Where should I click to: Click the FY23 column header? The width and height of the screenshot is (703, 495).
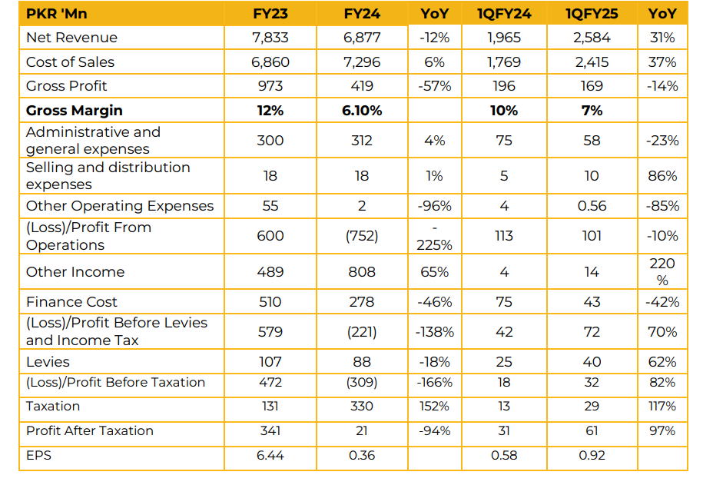pyautogui.click(x=270, y=12)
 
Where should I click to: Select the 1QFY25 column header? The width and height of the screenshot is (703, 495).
pyautogui.click(x=592, y=12)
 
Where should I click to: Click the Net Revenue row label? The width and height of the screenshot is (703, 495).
pyautogui.click(x=71, y=38)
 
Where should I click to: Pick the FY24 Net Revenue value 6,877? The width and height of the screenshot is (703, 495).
pyautogui.click(x=361, y=38)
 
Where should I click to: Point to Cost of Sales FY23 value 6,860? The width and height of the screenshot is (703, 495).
pyautogui.click(x=270, y=61)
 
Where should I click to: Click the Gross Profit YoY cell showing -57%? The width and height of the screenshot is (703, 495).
pyautogui.click(x=434, y=86)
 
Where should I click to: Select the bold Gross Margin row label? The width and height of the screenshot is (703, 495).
pyautogui.click(x=74, y=111)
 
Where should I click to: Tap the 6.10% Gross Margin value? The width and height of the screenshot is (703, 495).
pyautogui.click(x=361, y=111)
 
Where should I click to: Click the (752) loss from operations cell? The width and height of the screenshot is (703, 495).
pyautogui.click(x=361, y=236)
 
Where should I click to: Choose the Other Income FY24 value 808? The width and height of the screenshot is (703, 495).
pyautogui.click(x=361, y=272)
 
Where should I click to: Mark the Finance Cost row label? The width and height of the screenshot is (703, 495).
pyautogui.click(x=71, y=302)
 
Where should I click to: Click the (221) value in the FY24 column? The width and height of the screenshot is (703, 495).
pyautogui.click(x=361, y=332)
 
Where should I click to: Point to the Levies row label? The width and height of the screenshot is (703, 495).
pyautogui.click(x=48, y=362)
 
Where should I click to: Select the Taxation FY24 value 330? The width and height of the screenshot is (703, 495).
pyautogui.click(x=361, y=406)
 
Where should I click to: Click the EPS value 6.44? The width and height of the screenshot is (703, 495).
pyautogui.click(x=270, y=455)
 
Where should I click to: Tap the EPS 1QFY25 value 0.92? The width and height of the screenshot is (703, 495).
pyautogui.click(x=592, y=455)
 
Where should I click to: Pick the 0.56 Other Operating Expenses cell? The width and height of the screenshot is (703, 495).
pyautogui.click(x=592, y=206)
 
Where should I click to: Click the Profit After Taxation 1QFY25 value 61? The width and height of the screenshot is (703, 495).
pyautogui.click(x=592, y=430)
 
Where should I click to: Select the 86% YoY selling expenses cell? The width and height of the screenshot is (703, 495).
pyautogui.click(x=662, y=176)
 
